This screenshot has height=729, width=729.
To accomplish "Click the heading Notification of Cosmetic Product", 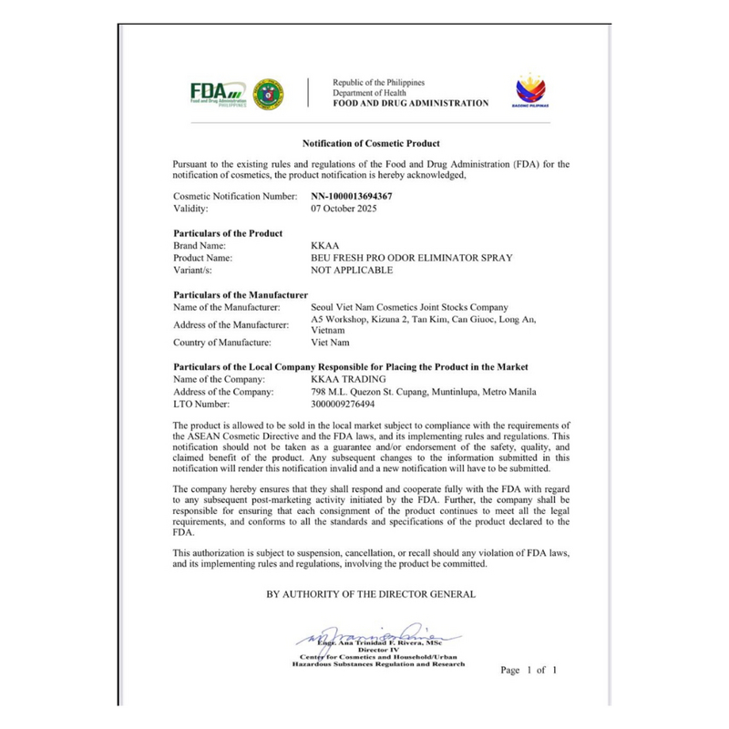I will [x=371, y=144].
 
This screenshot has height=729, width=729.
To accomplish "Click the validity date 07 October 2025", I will [x=344, y=209].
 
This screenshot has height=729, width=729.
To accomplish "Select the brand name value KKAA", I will [x=324, y=246].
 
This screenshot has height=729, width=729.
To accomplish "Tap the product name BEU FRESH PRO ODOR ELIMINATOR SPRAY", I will [x=411, y=258].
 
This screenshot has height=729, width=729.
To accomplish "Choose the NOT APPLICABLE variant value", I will [x=352, y=271].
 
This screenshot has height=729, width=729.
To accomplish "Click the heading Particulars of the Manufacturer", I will [x=241, y=295].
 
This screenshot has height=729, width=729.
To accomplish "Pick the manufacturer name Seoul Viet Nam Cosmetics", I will [x=409, y=307].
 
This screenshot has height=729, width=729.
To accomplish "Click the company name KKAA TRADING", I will [x=349, y=379].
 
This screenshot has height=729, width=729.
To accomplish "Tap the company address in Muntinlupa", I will [x=424, y=392].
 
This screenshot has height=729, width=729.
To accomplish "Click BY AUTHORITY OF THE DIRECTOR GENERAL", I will [x=371, y=594].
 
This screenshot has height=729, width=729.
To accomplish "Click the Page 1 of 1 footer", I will [x=529, y=670].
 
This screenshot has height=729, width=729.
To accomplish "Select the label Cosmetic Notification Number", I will [x=235, y=196].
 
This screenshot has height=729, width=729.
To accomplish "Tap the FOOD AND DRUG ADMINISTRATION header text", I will [x=410, y=103].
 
